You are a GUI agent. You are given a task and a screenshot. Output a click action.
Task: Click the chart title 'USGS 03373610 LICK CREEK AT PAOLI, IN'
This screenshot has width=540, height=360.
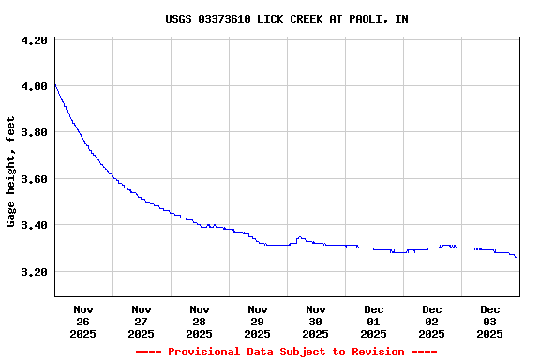coord(286,19)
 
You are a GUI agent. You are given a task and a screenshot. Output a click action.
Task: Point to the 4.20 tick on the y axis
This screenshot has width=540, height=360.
coord(34,41)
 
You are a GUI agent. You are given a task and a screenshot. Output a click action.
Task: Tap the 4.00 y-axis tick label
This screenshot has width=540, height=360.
coord(34,87)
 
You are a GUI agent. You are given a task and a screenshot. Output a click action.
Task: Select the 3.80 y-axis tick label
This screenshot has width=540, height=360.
coord(34,133)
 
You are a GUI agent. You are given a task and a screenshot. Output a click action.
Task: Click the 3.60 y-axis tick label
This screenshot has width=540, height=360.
coord(34,179)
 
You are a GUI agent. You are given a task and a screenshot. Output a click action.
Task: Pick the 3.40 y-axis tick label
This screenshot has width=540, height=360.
coord(34,225)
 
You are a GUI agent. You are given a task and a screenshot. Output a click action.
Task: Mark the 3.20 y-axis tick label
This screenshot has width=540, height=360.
coord(34,272)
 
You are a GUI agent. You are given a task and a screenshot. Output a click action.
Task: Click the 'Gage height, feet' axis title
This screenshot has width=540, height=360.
coord(11,172)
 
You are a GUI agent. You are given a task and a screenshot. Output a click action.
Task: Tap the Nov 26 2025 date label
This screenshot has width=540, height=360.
coord(82,321)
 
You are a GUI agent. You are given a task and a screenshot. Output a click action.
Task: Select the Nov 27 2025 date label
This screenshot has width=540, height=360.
coord(141,321)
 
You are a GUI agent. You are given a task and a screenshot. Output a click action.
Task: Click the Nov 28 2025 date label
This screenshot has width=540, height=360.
coord(199,321)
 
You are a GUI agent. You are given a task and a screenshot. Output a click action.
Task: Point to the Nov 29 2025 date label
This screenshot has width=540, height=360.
coord(257,321)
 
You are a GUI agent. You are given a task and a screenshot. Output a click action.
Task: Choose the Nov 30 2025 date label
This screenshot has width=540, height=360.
coord(315,321)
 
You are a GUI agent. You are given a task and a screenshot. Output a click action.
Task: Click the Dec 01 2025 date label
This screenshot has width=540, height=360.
coord(373,321)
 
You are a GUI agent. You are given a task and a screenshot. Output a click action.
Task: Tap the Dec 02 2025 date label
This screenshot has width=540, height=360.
coord(431,321)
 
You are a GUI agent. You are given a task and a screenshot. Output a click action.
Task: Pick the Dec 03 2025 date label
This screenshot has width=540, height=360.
coord(489,321)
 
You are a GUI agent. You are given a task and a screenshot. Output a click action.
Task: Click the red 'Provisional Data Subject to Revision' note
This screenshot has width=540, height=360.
coord(286,352)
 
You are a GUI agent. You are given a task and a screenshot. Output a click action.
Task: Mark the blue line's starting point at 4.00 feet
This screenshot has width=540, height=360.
coord(55,85)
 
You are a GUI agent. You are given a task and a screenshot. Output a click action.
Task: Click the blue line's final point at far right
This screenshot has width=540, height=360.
coord(517,257)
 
